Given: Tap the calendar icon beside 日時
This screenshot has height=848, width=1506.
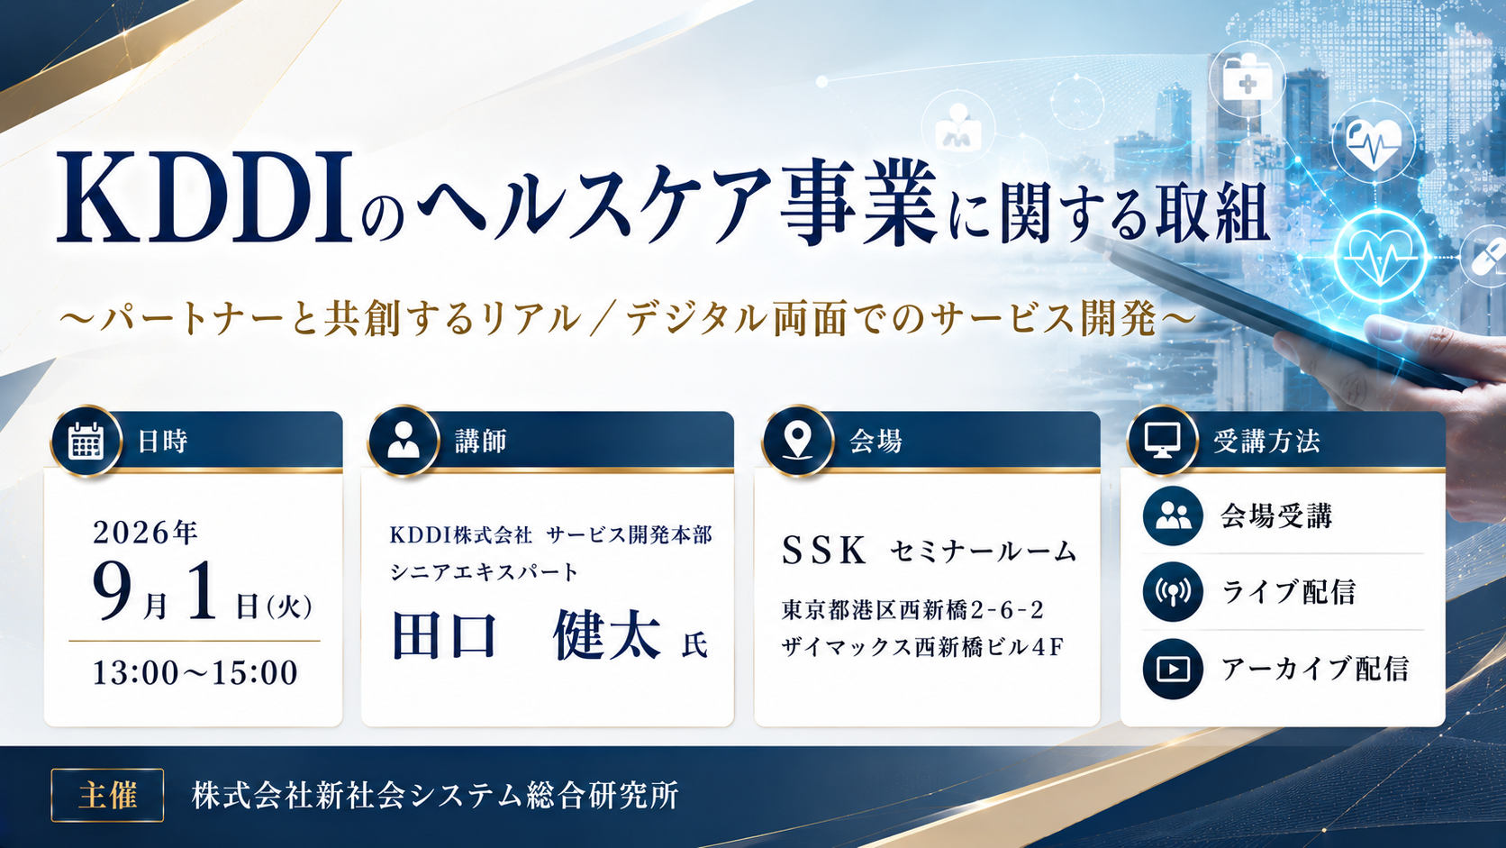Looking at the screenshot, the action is click(86, 442).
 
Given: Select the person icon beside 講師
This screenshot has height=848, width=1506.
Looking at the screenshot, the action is click(404, 442).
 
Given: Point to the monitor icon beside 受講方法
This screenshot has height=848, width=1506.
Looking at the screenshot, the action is click(1163, 442).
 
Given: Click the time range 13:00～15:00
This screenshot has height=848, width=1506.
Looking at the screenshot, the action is click(195, 672).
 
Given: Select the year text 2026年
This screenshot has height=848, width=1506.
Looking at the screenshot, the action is click(145, 533).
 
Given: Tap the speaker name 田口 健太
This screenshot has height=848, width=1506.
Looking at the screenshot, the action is click(526, 635).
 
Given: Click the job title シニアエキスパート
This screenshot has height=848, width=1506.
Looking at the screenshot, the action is click(484, 572).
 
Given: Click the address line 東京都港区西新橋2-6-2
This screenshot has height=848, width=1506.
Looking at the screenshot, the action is click(912, 610).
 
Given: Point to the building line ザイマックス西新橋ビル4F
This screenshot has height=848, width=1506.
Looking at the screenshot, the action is click(921, 647).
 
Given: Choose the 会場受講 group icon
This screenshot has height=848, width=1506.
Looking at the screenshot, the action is click(1173, 515).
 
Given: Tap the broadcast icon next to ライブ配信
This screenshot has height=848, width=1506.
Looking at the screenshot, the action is click(1173, 592).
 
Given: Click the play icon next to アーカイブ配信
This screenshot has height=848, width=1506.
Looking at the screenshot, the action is click(1173, 669).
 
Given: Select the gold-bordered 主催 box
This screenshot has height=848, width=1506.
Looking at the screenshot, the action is click(107, 796).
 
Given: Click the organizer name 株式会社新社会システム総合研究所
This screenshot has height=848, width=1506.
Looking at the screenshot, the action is click(435, 796).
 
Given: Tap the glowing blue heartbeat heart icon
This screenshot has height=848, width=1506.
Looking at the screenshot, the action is click(1380, 257).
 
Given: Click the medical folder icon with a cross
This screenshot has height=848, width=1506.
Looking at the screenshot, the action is click(1247, 80).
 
